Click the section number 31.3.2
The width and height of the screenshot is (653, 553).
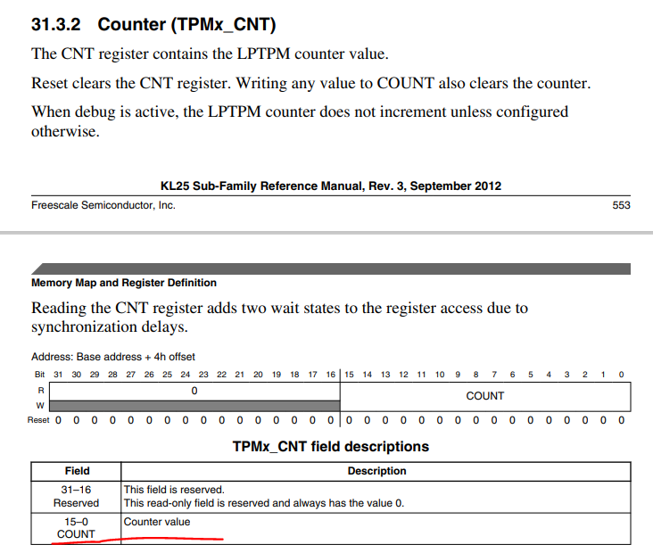pos(56,25)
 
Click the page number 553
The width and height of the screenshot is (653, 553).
pos(621,205)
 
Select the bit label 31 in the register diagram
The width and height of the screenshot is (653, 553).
pos(58,375)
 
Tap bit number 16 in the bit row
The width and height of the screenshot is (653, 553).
pos(331,375)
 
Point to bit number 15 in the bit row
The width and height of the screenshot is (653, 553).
pos(349,375)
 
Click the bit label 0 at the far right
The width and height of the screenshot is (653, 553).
pos(622,375)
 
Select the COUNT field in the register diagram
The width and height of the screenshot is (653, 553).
pos(485,396)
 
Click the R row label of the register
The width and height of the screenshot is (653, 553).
pos(41,391)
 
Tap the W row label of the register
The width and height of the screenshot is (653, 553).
pos(40,405)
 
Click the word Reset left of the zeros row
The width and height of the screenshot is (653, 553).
pos(38,420)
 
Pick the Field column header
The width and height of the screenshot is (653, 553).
pos(77,471)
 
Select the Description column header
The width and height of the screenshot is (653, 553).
pos(376,471)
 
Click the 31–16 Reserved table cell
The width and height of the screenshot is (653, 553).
pos(76,497)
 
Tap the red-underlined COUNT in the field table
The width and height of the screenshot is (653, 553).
pos(76,534)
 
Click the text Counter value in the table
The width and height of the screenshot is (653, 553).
pos(157,522)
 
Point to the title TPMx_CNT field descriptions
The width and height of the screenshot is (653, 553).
pos(331,446)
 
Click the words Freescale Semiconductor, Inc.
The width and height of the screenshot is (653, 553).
pos(103,205)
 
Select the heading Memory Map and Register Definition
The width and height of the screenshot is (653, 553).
pos(124,283)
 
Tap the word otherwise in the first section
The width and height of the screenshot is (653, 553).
pos(65,132)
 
